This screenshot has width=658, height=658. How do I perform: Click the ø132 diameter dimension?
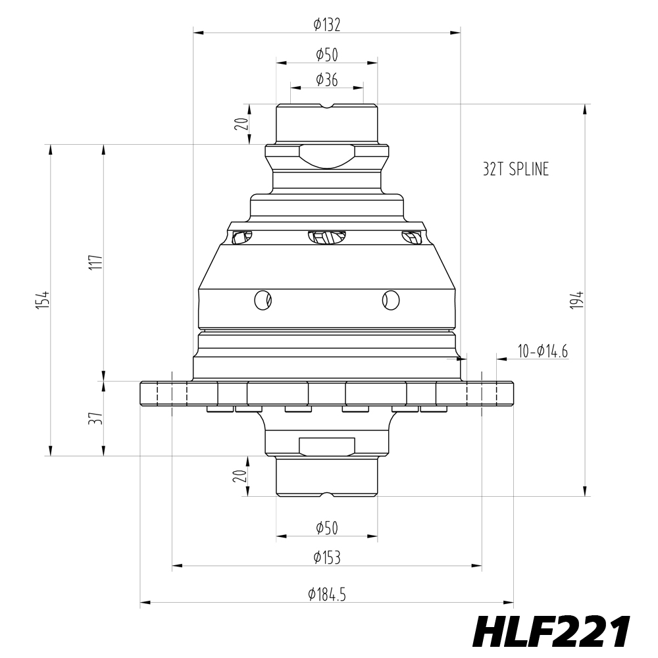(x=327, y=25)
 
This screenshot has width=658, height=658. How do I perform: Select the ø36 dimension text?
(x=327, y=80)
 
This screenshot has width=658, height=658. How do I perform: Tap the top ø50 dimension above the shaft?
(x=327, y=55)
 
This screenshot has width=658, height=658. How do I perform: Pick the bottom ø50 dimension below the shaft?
(x=327, y=528)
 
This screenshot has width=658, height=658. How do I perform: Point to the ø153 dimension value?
(x=327, y=558)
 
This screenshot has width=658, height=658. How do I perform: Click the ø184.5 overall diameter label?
(x=327, y=594)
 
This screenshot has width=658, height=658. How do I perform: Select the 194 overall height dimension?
(x=579, y=300)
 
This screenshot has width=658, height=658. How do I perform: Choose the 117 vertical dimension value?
(x=97, y=263)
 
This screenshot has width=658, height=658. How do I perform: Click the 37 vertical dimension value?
(x=97, y=418)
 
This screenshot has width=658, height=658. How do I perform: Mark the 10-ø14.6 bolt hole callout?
(x=543, y=351)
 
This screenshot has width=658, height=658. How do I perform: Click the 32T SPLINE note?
(x=515, y=170)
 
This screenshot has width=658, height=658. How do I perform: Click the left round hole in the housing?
(x=263, y=300)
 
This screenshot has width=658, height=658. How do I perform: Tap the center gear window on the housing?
(x=327, y=237)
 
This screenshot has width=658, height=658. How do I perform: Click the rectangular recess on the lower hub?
(x=327, y=446)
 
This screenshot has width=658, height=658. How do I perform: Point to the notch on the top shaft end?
(x=327, y=107)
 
